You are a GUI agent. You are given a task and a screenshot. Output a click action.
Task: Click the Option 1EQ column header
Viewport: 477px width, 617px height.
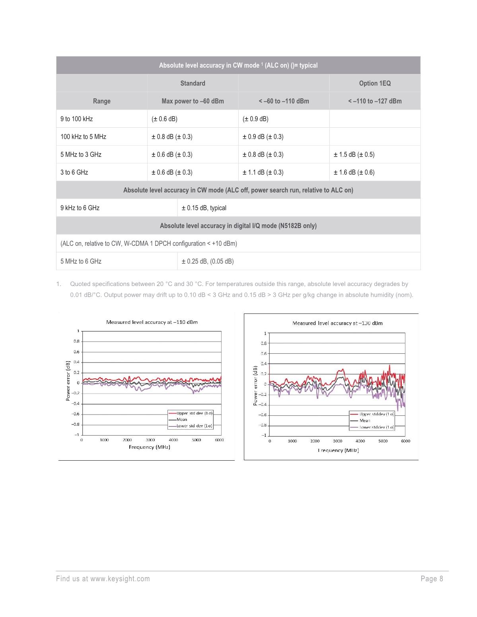pyautogui.click(x=375, y=83)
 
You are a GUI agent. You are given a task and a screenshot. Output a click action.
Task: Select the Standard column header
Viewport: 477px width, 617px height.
pyautogui.click(x=193, y=83)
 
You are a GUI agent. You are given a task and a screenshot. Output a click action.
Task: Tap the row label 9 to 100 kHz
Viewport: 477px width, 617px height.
pyautogui.click(x=76, y=119)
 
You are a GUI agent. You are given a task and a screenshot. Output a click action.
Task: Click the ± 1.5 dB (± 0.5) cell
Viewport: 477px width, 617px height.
pyautogui.click(x=354, y=154)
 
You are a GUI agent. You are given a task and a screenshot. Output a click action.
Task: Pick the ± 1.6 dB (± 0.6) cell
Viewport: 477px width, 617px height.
pyautogui.click(x=354, y=172)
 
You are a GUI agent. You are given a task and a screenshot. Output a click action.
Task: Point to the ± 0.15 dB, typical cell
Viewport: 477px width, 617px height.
pyautogui.click(x=204, y=208)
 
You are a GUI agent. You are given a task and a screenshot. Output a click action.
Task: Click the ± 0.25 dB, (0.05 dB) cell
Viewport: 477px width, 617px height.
pyautogui.click(x=207, y=261)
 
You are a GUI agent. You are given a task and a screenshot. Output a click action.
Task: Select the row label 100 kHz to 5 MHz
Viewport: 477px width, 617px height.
pyautogui.click(x=83, y=137)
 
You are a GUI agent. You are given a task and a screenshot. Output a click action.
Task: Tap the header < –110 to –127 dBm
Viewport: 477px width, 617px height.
pyautogui.click(x=375, y=101)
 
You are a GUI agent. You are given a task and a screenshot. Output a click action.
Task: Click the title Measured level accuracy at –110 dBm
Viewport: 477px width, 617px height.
pyautogui.click(x=152, y=322)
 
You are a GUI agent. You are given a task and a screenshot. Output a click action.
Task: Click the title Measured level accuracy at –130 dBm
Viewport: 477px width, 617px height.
pyautogui.click(x=337, y=323)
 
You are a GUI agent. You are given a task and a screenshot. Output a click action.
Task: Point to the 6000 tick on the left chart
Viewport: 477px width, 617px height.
pyautogui.click(x=219, y=440)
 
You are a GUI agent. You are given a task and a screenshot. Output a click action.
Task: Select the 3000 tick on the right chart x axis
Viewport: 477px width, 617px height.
pyautogui.click(x=337, y=441)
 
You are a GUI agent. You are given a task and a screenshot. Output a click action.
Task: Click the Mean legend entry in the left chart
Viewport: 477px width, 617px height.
pyautogui.click(x=182, y=419)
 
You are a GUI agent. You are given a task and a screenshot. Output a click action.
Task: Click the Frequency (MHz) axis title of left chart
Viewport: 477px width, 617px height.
pyautogui.click(x=149, y=447)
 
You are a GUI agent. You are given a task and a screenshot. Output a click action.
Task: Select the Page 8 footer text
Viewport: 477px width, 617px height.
pyautogui.click(x=432, y=579)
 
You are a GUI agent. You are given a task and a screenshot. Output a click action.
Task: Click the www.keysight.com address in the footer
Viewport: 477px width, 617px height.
pyautogui.click(x=120, y=579)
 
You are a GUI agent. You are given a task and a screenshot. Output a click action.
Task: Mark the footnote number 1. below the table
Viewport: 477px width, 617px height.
pyautogui.click(x=58, y=284)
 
